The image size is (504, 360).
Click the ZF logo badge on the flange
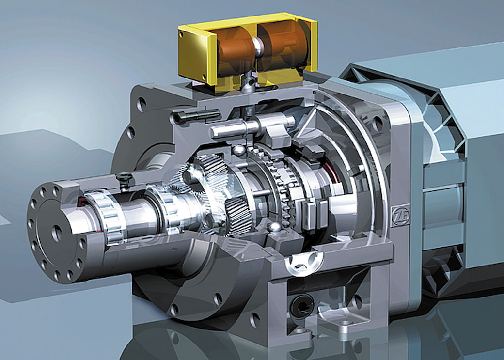[400, 216]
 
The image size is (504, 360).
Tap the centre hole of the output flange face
[57, 233]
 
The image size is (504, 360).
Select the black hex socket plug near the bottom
[302, 305]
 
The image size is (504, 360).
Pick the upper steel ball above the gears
[239, 150]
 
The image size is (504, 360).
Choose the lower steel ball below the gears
[274, 228]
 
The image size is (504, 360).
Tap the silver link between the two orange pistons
[258, 47]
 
